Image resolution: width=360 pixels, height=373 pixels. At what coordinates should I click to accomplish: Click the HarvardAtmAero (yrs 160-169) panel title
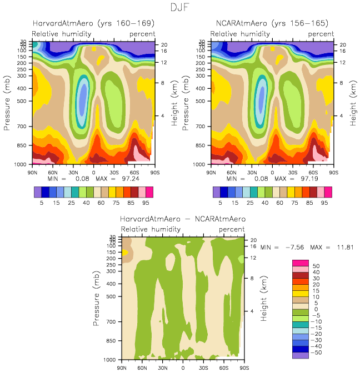[93, 23]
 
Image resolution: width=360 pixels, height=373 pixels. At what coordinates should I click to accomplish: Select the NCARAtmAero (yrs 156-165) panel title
[272, 23]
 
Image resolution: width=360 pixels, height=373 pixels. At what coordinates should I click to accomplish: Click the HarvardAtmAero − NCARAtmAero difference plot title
[183, 219]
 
